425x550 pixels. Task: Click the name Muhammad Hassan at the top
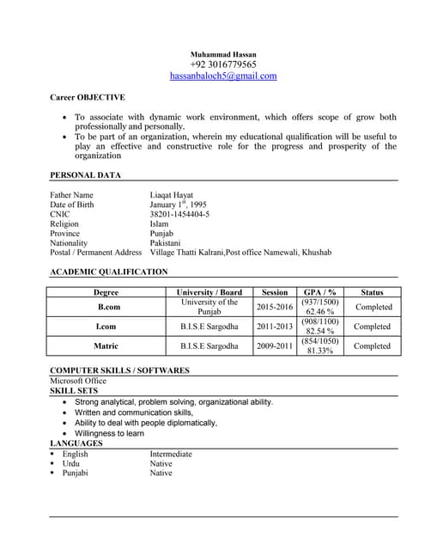[222, 54]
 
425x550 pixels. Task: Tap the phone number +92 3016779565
[222, 64]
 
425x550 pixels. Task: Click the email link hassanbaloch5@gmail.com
[222, 76]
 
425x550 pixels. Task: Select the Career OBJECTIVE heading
[87, 97]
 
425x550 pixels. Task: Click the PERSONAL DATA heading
[85, 175]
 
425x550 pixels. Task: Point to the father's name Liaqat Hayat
[175, 195]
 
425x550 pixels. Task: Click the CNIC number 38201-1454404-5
[179, 214]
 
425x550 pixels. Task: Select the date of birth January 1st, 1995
[178, 205]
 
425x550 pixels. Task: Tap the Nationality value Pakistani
[167, 243]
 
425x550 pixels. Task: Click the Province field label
[64, 234]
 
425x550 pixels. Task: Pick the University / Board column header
[209, 292]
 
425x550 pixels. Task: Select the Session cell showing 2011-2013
[275, 327]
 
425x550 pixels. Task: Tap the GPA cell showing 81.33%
[319, 351]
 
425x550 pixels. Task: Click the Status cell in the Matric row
[372, 346]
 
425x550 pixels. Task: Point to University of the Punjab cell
[209, 307]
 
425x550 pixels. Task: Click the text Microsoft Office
[78, 381]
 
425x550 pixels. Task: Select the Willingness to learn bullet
[109, 433]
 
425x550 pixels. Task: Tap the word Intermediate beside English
[171, 454]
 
